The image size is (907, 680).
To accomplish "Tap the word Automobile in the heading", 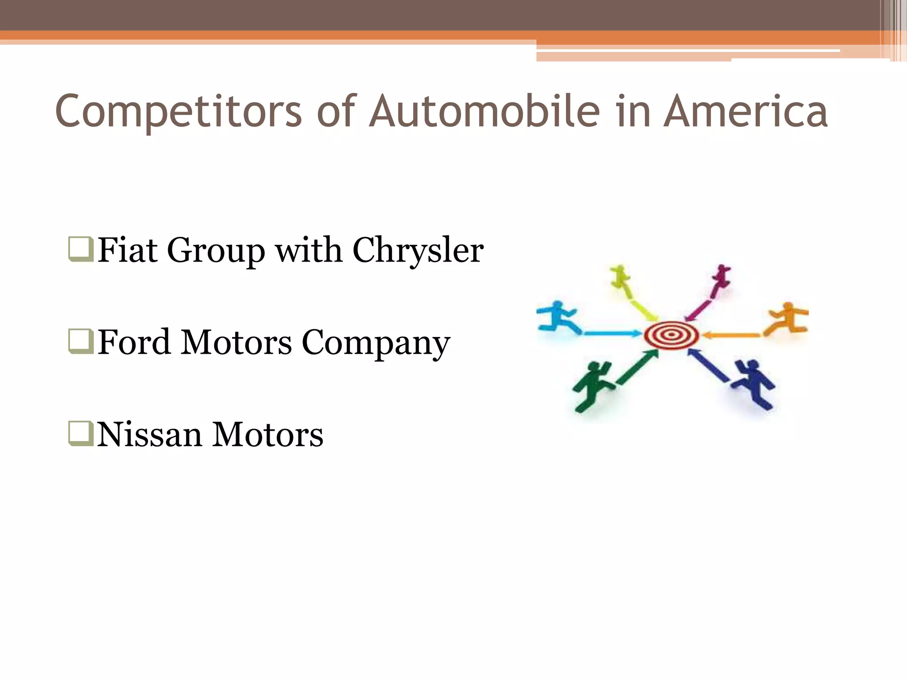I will (x=485, y=111).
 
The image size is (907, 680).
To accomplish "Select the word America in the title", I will (x=745, y=111).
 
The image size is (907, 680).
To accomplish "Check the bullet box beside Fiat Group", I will (x=81, y=250).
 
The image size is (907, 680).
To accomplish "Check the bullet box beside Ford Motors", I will (x=81, y=342).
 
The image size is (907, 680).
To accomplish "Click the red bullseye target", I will (x=671, y=335).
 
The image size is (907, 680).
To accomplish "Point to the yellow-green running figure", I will (x=620, y=277).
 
